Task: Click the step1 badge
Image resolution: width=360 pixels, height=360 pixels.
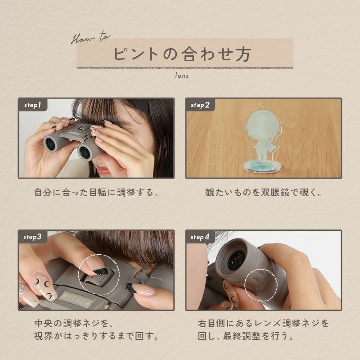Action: [x=32, y=105]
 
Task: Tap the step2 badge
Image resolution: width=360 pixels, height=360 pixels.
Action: [x=200, y=105]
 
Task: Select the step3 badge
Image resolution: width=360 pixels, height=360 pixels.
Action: [x=32, y=237]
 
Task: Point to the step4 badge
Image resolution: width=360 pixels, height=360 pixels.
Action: [x=200, y=237]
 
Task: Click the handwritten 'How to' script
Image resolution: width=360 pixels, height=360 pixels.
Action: [x=91, y=38]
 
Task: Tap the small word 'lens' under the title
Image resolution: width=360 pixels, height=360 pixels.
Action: [x=182, y=76]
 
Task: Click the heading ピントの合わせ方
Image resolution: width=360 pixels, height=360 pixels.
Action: [x=182, y=54]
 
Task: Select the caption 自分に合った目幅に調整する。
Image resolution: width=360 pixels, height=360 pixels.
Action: [x=97, y=193]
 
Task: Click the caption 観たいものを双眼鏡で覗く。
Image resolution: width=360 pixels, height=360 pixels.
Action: [x=264, y=193]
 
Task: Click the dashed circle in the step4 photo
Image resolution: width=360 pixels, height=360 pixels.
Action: [x=244, y=285]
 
